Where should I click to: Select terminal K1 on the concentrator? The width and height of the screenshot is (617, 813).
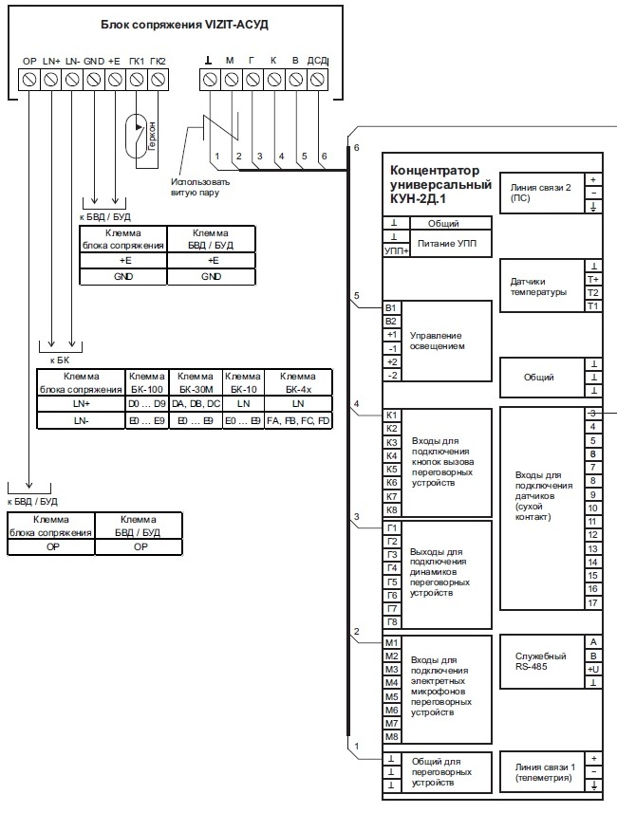click(x=390, y=416)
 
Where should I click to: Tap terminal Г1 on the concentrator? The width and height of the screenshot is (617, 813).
click(x=390, y=527)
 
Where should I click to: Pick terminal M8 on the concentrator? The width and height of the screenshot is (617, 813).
click(x=390, y=736)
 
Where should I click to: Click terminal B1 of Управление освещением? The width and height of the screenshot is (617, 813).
click(x=390, y=308)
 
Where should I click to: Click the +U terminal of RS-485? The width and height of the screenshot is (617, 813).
click(x=592, y=668)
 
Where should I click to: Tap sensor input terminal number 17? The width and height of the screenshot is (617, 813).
click(x=592, y=603)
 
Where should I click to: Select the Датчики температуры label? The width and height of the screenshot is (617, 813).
click(x=538, y=286)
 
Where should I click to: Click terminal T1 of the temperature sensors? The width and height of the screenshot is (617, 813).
click(x=592, y=305)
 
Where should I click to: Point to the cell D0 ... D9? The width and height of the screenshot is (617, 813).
click(x=146, y=404)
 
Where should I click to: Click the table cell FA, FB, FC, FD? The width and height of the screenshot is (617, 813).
click(x=298, y=419)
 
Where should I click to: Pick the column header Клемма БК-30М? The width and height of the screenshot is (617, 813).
click(x=195, y=382)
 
